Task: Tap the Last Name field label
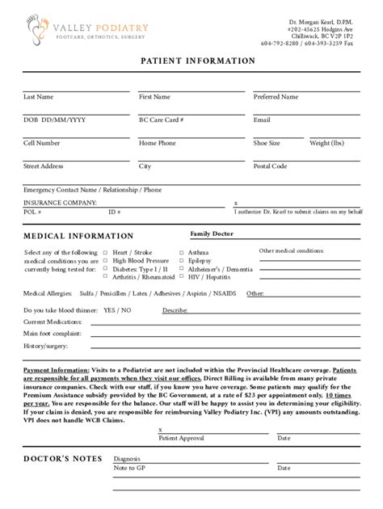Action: coord(39,97)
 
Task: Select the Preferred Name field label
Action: coord(276,97)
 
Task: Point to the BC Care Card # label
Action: coord(162,120)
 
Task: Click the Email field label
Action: coord(262,120)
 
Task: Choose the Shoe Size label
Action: coord(267,143)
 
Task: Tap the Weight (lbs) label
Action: coord(326,143)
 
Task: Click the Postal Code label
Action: coord(270,166)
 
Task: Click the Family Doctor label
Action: coord(211,233)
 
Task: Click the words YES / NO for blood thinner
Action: coord(117,310)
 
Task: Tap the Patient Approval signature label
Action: coord(181,439)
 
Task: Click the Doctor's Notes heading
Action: coord(63,459)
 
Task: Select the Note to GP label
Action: coord(129,467)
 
